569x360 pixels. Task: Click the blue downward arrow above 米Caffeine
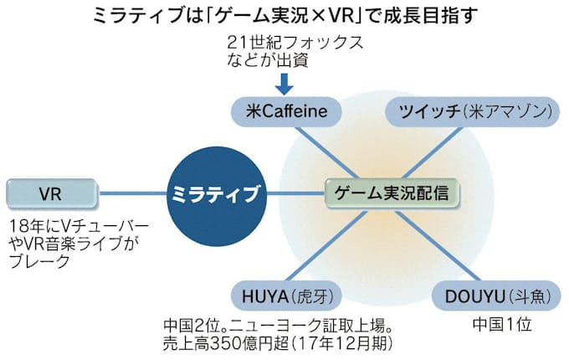pyautogui.click(x=284, y=84)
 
